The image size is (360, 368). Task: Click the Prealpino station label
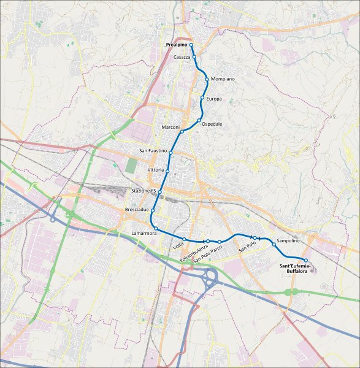(177, 45)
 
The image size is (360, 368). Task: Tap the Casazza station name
(182, 57)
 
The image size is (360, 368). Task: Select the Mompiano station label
(223, 80)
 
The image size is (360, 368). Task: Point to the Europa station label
(214, 99)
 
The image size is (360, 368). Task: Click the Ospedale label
(212, 124)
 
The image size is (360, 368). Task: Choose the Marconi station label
(170, 127)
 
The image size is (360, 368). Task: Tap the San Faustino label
(153, 151)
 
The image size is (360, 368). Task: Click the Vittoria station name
(156, 169)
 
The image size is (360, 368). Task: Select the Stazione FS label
(144, 191)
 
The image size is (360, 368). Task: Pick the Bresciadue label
(137, 210)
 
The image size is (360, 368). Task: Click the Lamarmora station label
(144, 234)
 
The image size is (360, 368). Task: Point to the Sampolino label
(288, 241)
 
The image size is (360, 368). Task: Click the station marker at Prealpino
(191, 45)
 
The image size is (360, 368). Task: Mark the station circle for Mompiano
(207, 79)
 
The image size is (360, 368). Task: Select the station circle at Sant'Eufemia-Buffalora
(306, 261)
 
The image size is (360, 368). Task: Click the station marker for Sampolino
(274, 244)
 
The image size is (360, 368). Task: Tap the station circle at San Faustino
(171, 152)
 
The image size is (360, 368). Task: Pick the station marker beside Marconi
(182, 132)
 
